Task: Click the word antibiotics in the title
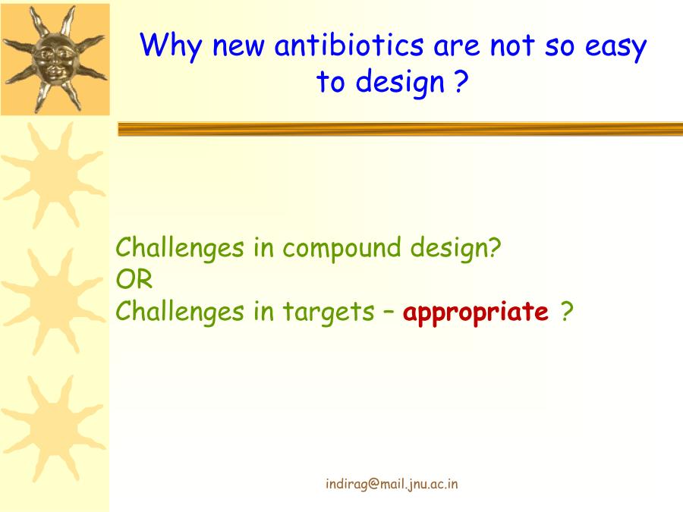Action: pos(349,45)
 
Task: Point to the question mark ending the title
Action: pos(461,81)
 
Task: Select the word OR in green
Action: pos(134,279)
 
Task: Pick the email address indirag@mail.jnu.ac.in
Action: pos(392,484)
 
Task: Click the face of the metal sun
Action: pos(54,60)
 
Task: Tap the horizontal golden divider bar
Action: pos(400,129)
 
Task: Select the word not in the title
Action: pos(512,46)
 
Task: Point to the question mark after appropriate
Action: pos(566,311)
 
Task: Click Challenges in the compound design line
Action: pos(179,249)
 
